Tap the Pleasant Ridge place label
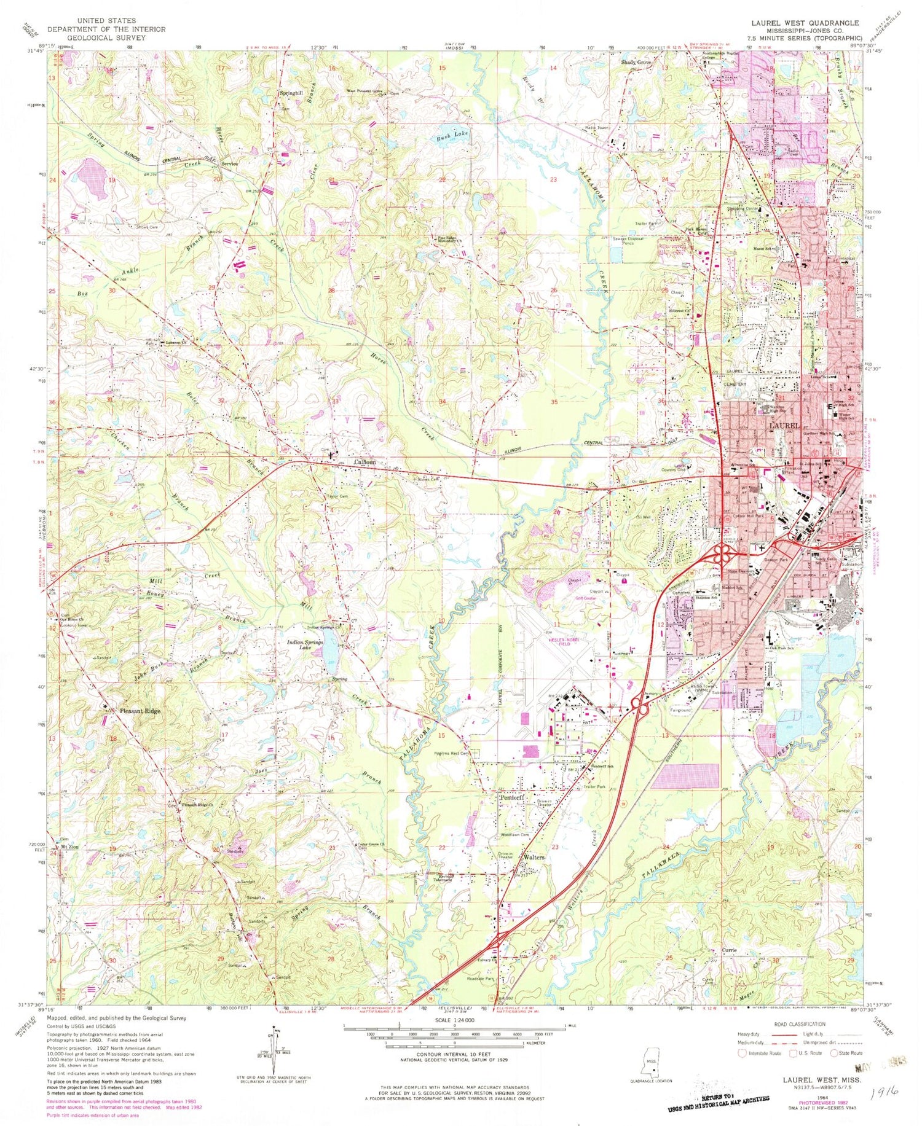140,711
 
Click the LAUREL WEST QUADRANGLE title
805,23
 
